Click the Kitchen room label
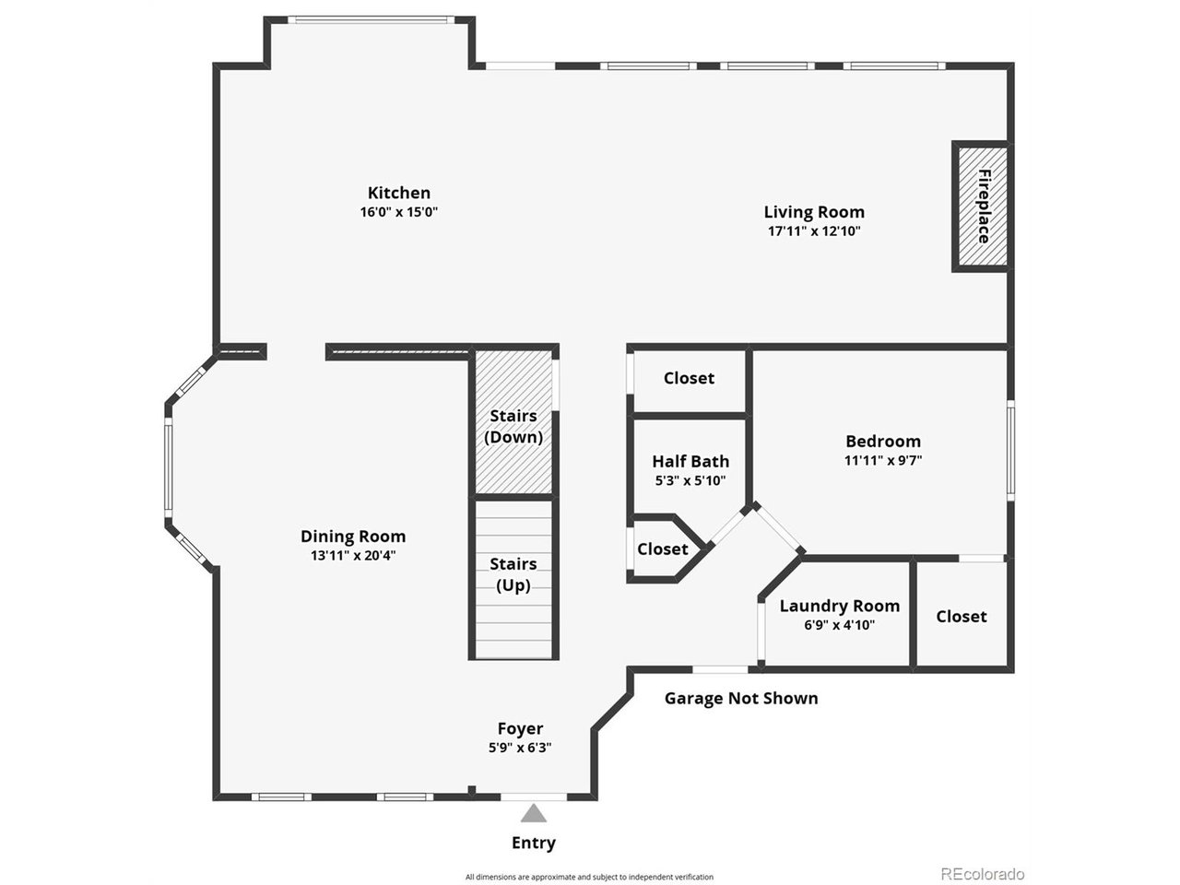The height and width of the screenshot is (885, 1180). click(398, 193)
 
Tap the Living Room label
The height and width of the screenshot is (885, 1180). click(813, 212)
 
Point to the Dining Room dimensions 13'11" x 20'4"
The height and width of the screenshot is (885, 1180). click(353, 556)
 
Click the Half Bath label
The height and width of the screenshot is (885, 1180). click(690, 461)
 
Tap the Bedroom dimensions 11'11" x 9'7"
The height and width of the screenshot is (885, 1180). click(882, 460)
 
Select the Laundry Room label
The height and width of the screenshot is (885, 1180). click(839, 606)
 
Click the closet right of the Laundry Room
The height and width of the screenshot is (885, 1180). click(962, 616)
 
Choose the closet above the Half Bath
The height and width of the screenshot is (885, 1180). click(689, 378)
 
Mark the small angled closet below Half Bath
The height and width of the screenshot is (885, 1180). click(662, 549)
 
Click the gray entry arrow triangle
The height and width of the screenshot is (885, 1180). click(533, 813)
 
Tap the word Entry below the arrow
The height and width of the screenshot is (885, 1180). click(533, 843)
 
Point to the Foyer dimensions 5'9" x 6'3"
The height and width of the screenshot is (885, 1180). click(520, 749)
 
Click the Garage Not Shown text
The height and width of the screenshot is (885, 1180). click(741, 698)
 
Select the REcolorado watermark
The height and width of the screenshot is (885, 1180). click(982, 873)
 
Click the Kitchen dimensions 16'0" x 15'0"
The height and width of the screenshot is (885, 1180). click(398, 212)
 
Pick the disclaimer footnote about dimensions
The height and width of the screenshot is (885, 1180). click(589, 877)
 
